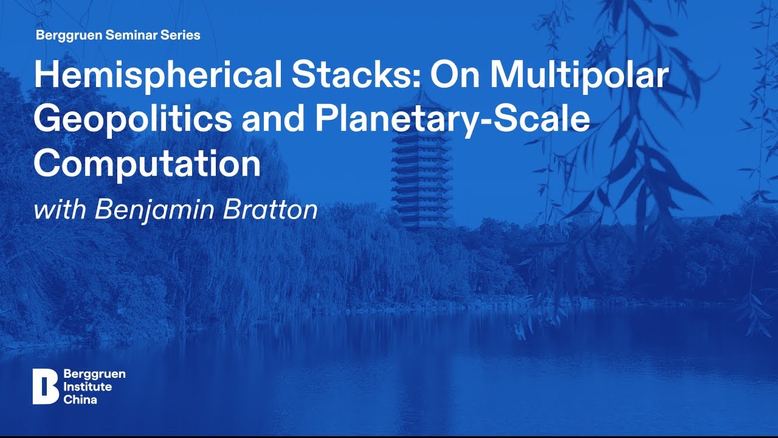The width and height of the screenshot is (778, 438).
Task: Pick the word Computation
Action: (x=147, y=162)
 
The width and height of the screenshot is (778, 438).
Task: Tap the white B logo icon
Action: (x=45, y=386)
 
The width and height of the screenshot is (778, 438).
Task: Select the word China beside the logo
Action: (x=80, y=400)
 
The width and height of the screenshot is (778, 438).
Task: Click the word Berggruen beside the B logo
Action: (x=94, y=374)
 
